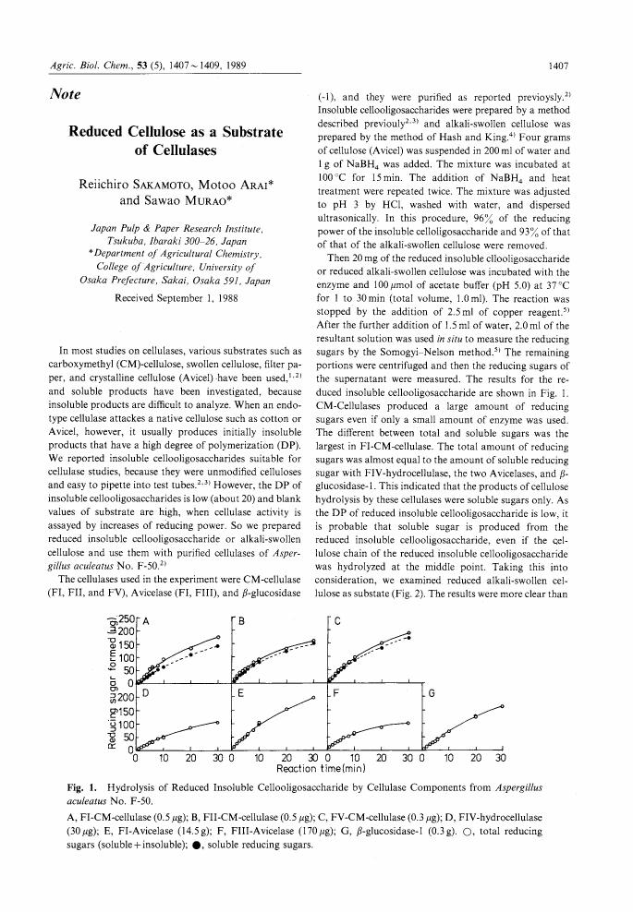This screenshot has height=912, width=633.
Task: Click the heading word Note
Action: coord(67,94)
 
